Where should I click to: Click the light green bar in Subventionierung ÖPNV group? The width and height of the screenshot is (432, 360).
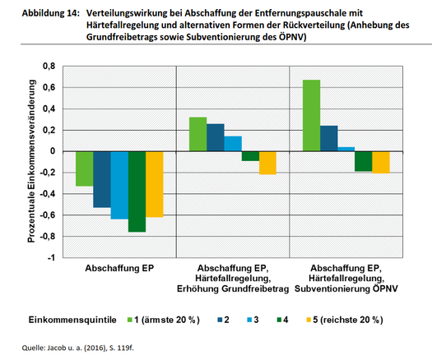tap(311, 116)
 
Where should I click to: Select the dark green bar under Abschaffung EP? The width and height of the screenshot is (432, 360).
tap(137, 192)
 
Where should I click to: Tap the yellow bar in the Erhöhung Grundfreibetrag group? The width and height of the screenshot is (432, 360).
tap(267, 163)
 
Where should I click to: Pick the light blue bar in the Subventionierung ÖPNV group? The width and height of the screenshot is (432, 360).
tap(346, 149)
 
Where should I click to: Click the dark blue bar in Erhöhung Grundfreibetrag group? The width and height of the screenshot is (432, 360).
tap(216, 137)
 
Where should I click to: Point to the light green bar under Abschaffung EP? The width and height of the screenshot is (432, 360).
tap(85, 168)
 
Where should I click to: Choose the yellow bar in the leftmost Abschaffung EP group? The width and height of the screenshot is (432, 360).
tap(155, 184)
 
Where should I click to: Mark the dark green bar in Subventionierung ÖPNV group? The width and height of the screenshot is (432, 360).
tap(364, 161)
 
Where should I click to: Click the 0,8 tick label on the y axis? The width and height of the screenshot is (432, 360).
tap(49, 67)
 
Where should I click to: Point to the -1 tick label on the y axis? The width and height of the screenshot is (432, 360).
tap(51, 258)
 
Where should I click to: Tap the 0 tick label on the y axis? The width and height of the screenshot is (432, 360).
tap(53, 151)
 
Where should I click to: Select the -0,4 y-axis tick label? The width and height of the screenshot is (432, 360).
tap(48, 194)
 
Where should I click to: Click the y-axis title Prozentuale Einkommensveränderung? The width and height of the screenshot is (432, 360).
tap(31, 161)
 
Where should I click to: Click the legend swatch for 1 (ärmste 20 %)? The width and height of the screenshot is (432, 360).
tap(130, 320)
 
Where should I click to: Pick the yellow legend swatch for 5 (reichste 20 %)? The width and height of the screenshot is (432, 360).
tap(309, 320)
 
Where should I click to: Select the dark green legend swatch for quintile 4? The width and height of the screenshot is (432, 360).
tap(279, 320)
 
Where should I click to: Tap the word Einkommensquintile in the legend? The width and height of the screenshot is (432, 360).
tap(72, 320)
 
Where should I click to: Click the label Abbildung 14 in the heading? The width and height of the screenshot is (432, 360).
tap(51, 13)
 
